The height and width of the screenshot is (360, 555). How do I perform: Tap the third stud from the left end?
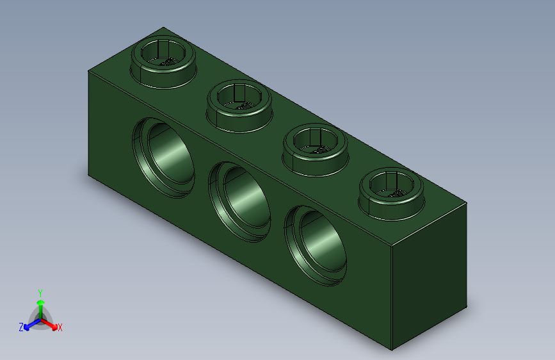coord(315,148)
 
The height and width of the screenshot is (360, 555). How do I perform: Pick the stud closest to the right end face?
coord(390,192)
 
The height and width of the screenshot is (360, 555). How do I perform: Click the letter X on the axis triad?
coord(60,328)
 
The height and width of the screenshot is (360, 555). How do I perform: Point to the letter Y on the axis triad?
coord(40,291)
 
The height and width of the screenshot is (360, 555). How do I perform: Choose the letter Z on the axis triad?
coord(21,327)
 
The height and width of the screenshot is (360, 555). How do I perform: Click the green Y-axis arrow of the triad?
coord(40,304)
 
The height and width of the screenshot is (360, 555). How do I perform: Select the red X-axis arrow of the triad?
coord(51,323)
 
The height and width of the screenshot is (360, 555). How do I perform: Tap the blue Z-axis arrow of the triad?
coord(29,324)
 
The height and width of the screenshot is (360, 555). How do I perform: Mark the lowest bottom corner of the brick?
coord(392,350)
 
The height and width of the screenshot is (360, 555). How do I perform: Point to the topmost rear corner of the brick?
coord(164,28)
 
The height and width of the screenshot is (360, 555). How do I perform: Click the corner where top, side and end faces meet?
coord(392,247)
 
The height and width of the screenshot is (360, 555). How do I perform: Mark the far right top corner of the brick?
coord(467,203)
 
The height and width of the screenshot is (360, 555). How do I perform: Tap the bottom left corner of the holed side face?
coord(88,174)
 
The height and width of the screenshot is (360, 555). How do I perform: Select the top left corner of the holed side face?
coord(88,71)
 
